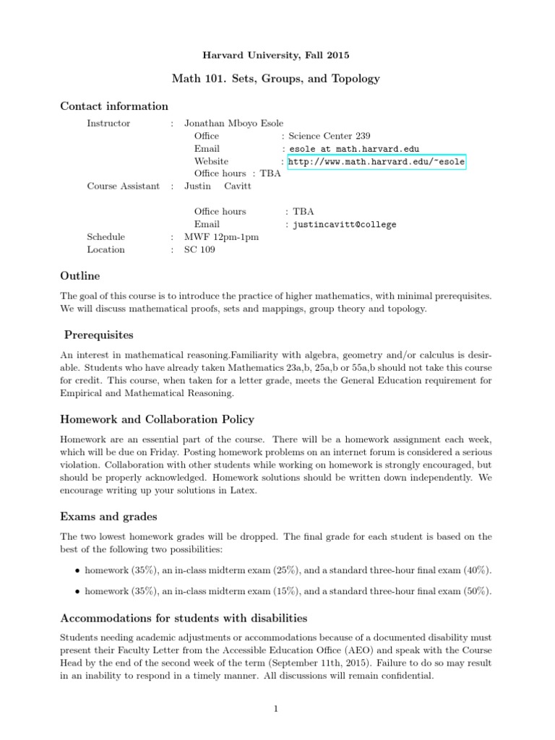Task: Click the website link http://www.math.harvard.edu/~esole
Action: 376,162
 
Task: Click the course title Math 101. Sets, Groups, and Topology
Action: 277,78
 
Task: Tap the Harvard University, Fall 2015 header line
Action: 277,53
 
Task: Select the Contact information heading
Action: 114,106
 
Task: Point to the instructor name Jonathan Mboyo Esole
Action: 233,124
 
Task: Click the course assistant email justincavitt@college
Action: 344,225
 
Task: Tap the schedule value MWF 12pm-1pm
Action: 222,237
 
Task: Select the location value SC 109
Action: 199,250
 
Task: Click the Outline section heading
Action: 80,276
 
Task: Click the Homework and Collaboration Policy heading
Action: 157,420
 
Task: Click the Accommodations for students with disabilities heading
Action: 184,619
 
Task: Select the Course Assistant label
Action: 124,186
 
